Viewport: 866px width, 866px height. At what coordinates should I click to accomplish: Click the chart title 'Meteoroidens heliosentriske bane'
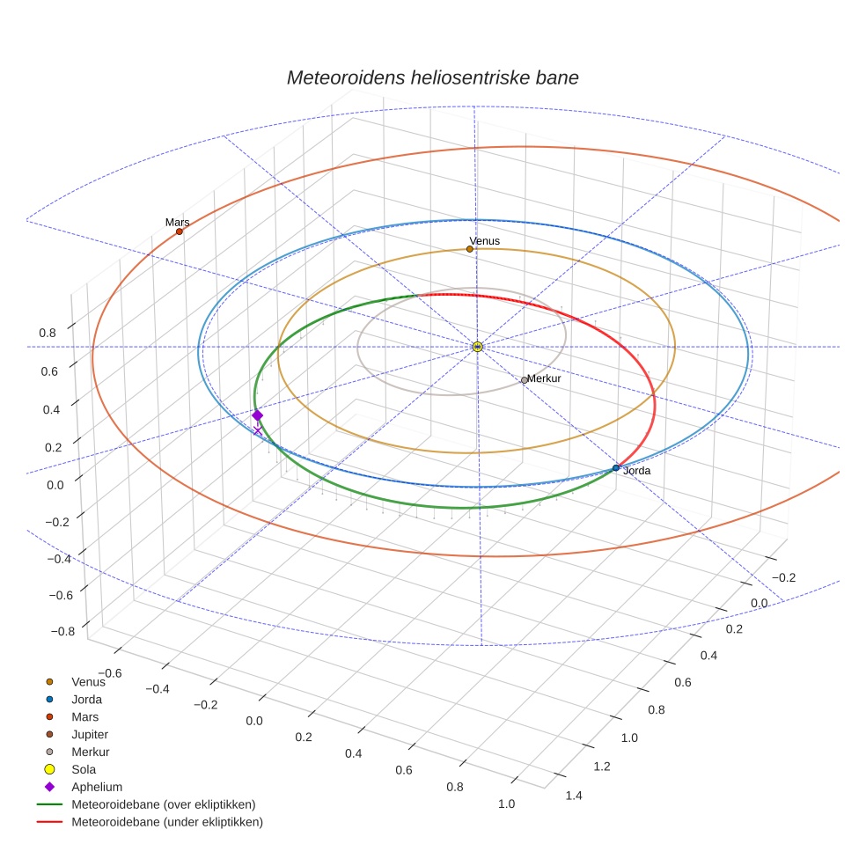pyautogui.click(x=432, y=77)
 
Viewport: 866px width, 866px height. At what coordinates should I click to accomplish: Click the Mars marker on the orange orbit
pyautogui.click(x=180, y=231)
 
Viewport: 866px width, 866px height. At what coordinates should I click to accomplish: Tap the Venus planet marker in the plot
pyautogui.click(x=469, y=249)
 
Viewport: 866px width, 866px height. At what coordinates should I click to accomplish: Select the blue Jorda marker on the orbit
pyautogui.click(x=615, y=468)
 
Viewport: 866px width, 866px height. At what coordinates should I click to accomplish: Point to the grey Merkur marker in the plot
pyautogui.click(x=525, y=380)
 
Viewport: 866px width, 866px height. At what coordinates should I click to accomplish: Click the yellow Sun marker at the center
pyautogui.click(x=477, y=347)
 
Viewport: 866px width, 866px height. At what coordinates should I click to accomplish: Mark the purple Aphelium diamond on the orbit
pyautogui.click(x=257, y=415)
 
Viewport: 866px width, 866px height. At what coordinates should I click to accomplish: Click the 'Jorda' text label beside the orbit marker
pyautogui.click(x=636, y=472)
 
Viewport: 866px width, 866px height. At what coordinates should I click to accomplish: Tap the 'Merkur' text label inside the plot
pyautogui.click(x=544, y=378)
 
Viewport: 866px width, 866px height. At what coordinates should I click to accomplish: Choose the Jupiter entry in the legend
pyautogui.click(x=90, y=734)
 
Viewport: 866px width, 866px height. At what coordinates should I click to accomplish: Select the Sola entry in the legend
pyautogui.click(x=84, y=769)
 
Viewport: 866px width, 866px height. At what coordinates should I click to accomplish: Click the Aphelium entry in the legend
pyautogui.click(x=97, y=787)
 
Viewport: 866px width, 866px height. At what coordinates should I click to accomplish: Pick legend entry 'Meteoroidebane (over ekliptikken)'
pyautogui.click(x=164, y=804)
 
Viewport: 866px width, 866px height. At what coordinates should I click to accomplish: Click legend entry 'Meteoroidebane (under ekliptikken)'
pyautogui.click(x=167, y=822)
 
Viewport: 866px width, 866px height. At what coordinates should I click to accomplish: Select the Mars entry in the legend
pyautogui.click(x=85, y=716)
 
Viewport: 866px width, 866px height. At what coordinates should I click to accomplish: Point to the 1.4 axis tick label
pyautogui.click(x=574, y=796)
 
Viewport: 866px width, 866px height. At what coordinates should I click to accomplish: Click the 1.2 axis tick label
pyautogui.click(x=601, y=767)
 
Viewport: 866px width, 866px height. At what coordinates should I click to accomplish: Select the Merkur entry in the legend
pyautogui.click(x=91, y=752)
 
